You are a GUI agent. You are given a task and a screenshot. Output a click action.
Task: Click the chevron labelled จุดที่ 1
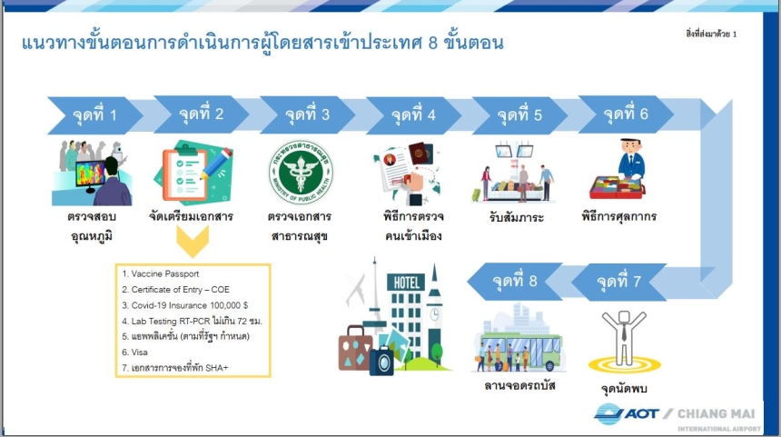(x=94, y=115)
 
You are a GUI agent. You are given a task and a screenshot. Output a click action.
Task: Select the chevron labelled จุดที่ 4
(x=413, y=115)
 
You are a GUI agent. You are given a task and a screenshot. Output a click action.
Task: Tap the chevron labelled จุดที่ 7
(x=619, y=282)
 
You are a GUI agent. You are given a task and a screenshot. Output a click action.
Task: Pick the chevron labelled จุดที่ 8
(x=515, y=282)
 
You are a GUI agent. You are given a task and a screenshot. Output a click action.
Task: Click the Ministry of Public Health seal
(x=301, y=173)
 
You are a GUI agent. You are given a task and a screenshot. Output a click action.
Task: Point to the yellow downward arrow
(x=193, y=241)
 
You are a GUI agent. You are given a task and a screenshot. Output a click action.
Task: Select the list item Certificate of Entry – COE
(x=176, y=290)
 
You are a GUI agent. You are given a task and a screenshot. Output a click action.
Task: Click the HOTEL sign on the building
(x=407, y=283)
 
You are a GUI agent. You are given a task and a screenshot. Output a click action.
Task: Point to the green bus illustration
(x=520, y=352)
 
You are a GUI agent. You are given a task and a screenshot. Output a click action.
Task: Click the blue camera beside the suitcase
(x=382, y=362)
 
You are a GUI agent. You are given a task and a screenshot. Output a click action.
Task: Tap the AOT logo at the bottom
(x=626, y=414)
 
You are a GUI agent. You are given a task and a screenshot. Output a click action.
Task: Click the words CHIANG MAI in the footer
(x=717, y=413)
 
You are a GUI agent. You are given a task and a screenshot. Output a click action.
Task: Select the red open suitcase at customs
(x=618, y=188)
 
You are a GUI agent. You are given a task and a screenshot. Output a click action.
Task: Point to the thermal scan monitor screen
(x=91, y=174)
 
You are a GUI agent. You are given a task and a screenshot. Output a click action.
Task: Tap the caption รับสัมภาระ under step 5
(x=517, y=217)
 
